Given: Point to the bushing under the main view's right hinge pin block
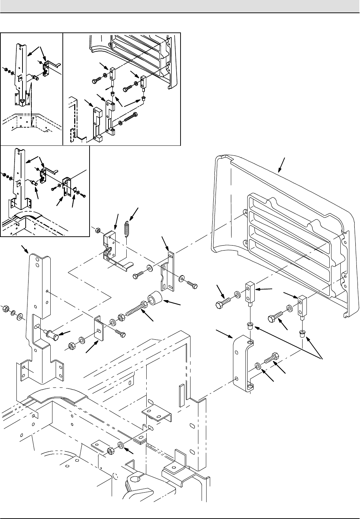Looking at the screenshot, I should pos(302,334).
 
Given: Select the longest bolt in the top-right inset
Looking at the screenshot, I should pos(131,118).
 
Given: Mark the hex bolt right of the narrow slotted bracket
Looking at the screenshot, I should pos(192,285).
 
